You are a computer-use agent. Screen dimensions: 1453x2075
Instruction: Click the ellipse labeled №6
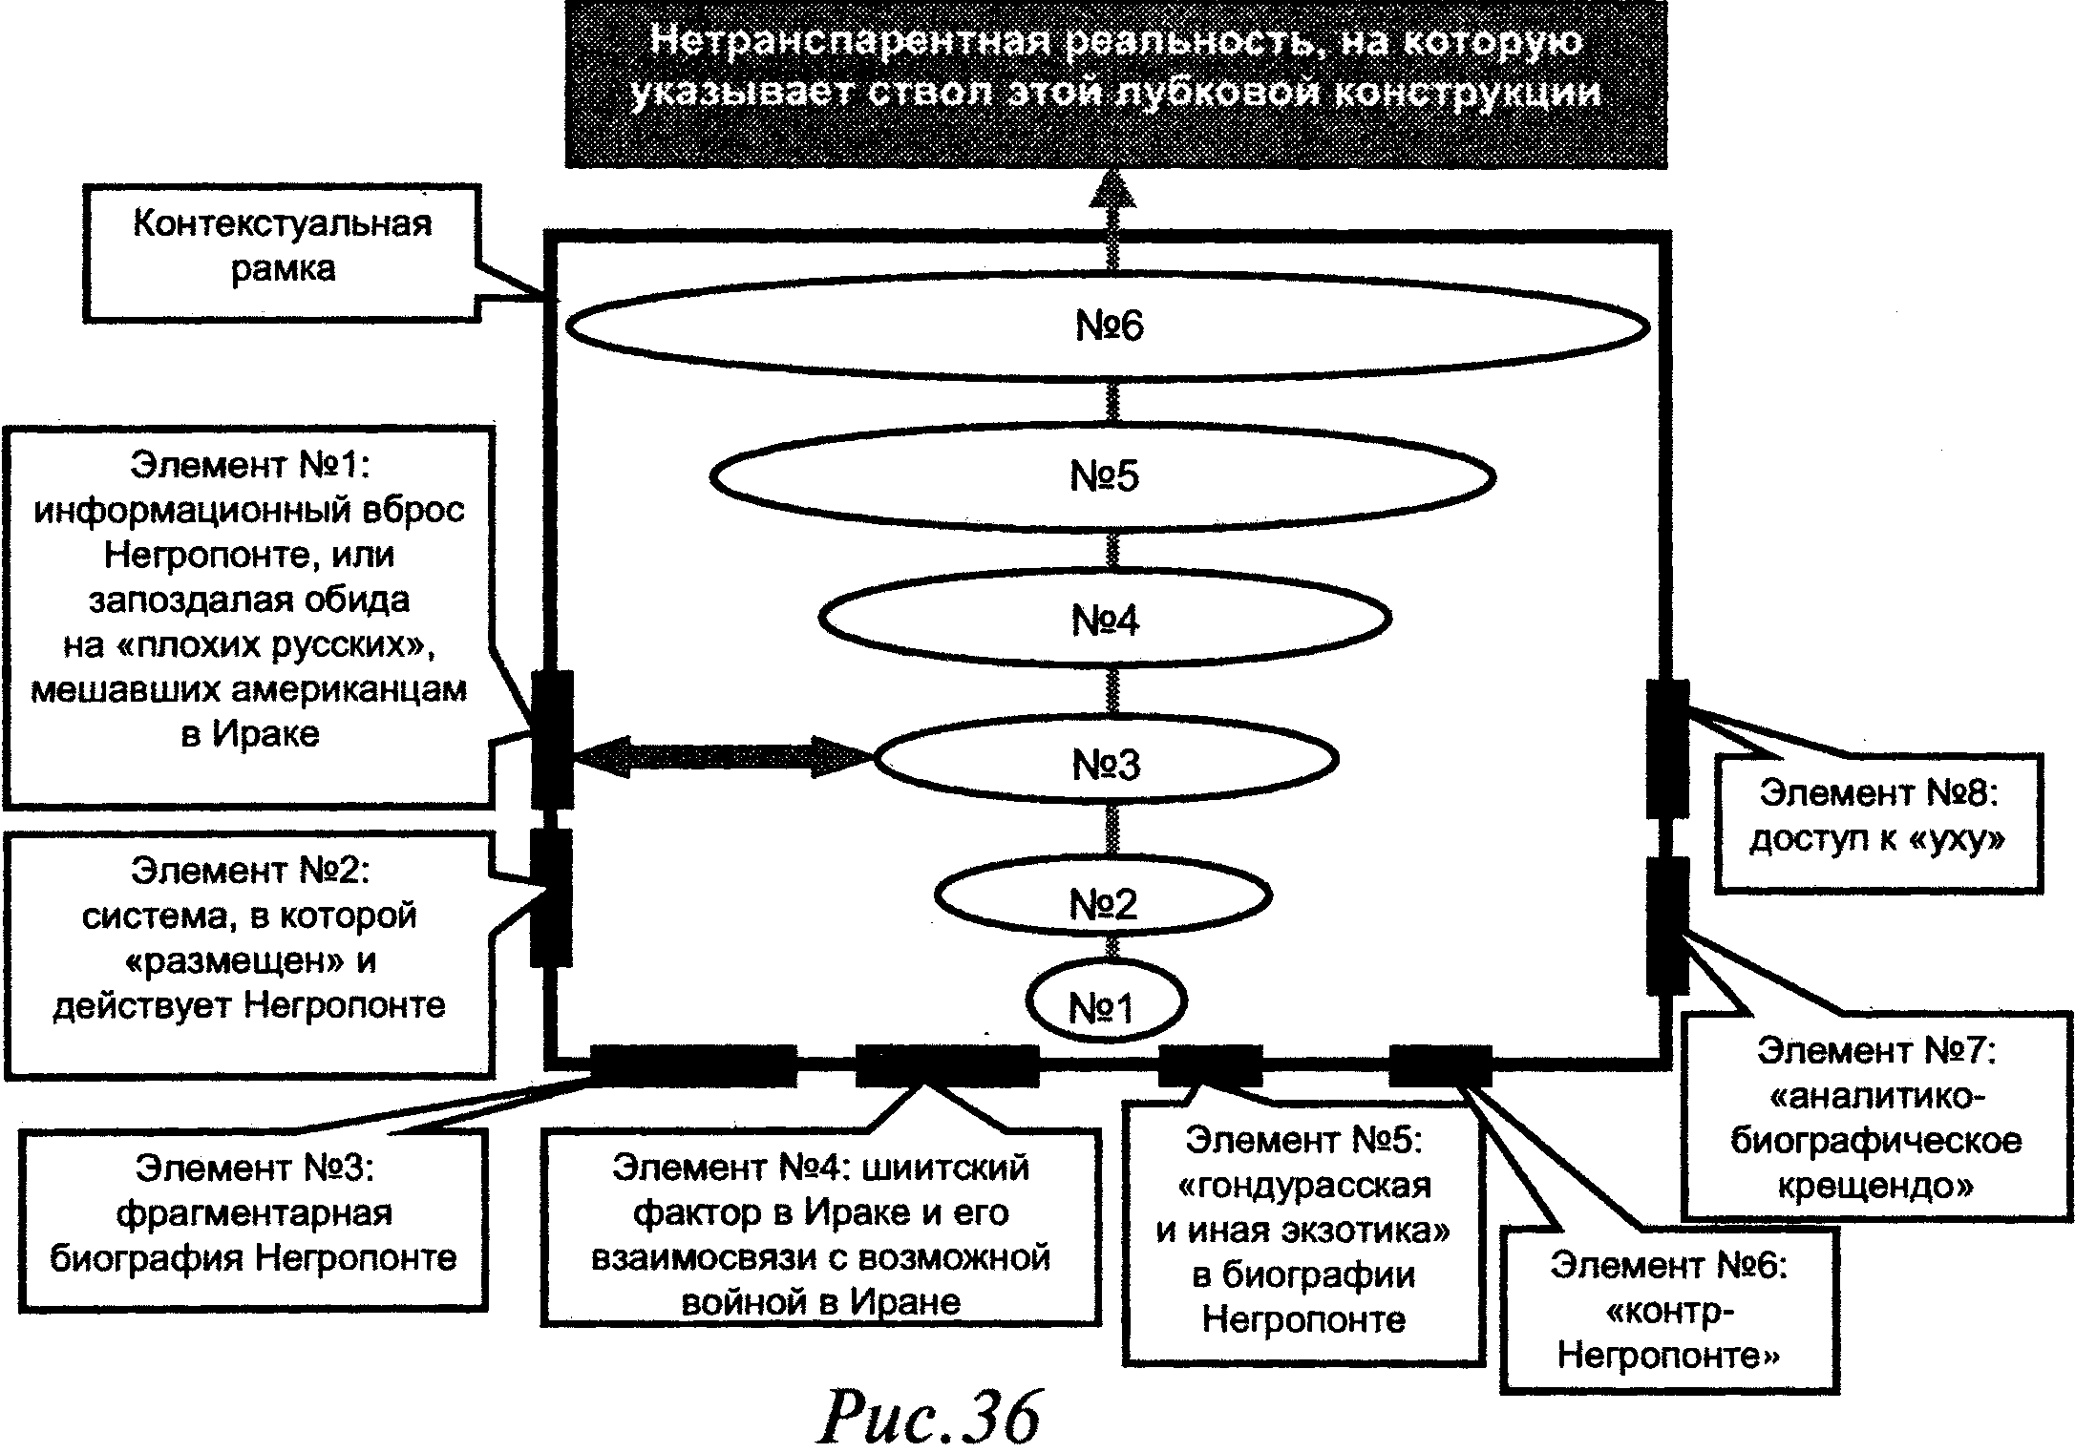click(1108, 326)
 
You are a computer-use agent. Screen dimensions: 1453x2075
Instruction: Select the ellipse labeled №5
click(1103, 476)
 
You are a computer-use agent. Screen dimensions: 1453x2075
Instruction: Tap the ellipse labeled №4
click(1105, 620)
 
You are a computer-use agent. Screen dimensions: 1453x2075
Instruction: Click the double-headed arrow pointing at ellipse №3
click(724, 756)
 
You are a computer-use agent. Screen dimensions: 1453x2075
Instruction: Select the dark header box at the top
click(1115, 84)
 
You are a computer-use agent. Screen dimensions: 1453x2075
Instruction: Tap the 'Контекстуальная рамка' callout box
click(283, 250)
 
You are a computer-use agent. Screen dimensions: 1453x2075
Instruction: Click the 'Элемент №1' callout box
click(249, 616)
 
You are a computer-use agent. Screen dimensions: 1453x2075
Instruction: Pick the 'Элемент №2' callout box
click(249, 953)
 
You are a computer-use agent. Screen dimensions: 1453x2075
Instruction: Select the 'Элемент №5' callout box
click(1303, 1232)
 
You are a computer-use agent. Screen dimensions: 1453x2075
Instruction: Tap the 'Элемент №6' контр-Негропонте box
click(1668, 1310)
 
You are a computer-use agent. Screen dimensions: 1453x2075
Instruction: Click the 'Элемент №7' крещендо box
click(1875, 1115)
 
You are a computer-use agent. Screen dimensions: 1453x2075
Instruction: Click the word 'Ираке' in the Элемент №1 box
click(265, 734)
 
